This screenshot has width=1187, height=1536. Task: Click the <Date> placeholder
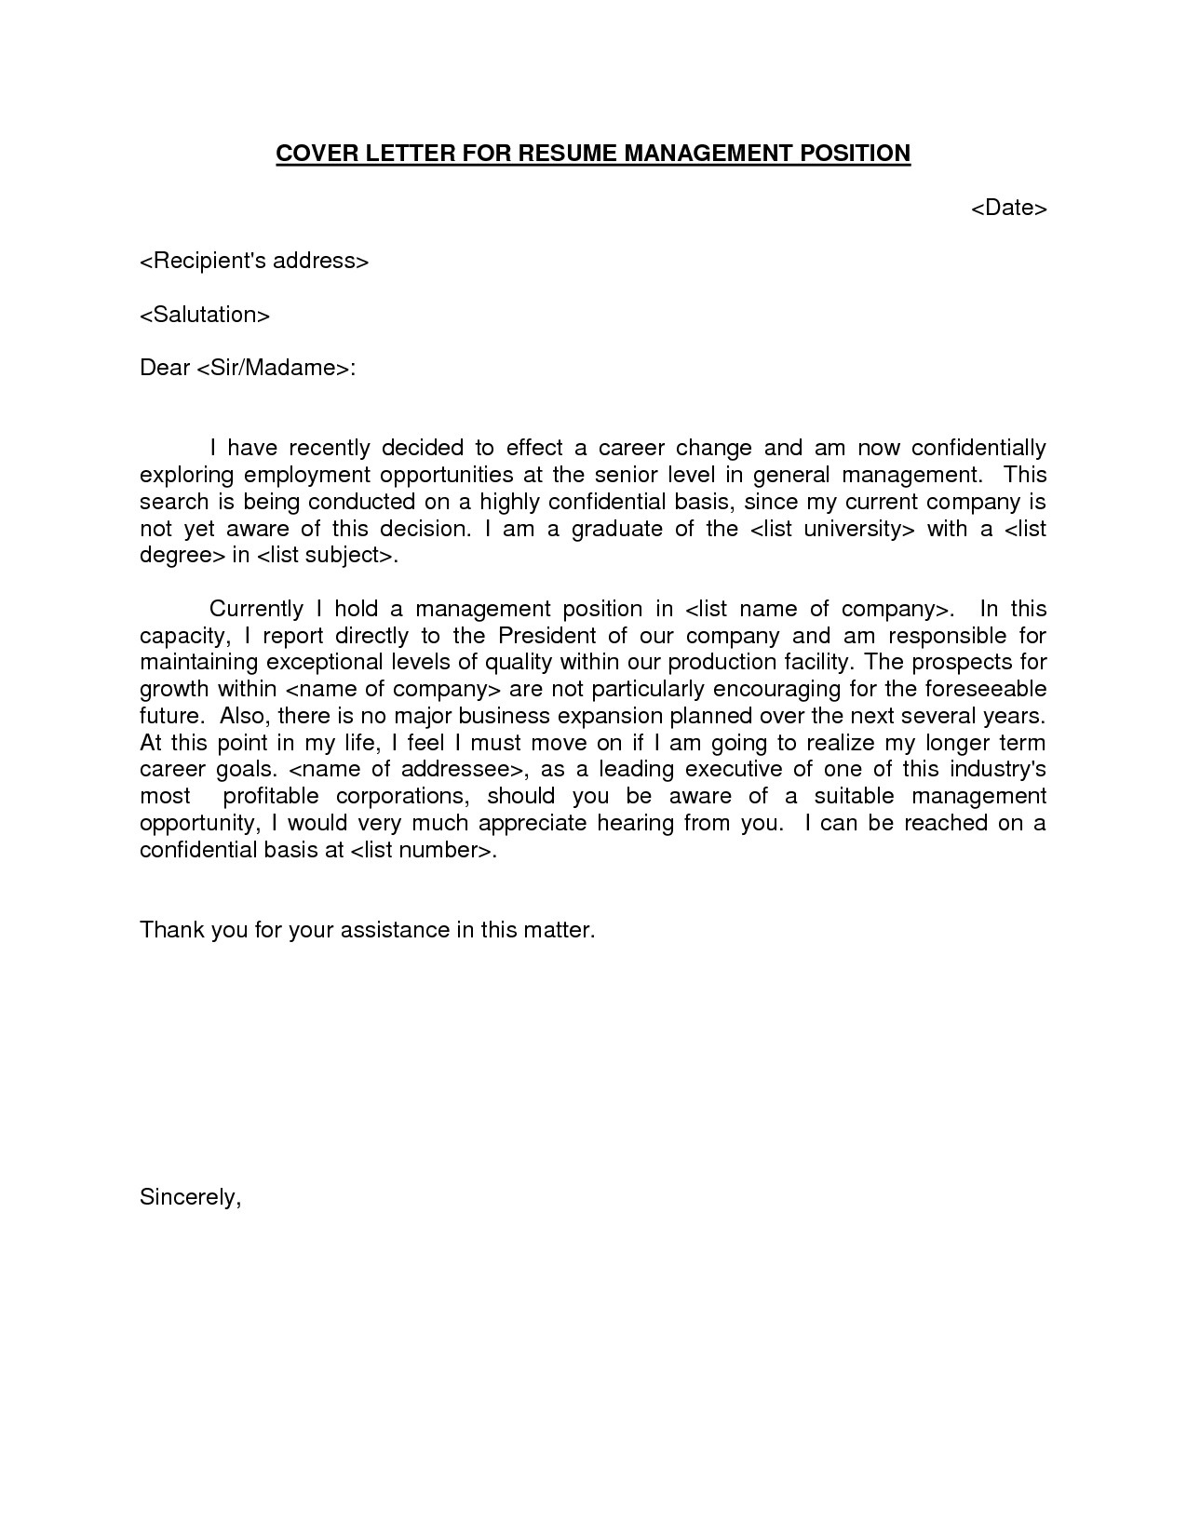click(x=1009, y=208)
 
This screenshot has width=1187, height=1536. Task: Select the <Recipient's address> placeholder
click(x=254, y=261)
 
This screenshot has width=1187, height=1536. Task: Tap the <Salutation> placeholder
click(x=205, y=315)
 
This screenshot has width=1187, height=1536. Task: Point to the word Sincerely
click(x=190, y=1197)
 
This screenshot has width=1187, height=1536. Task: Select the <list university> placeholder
click(x=833, y=529)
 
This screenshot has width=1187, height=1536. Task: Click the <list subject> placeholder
click(x=325, y=556)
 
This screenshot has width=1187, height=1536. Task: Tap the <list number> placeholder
click(x=421, y=850)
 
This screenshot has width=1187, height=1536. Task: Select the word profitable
click(x=271, y=796)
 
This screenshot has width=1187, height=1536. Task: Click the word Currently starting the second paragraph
click(x=256, y=609)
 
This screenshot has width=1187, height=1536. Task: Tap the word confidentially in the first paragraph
click(x=978, y=449)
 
